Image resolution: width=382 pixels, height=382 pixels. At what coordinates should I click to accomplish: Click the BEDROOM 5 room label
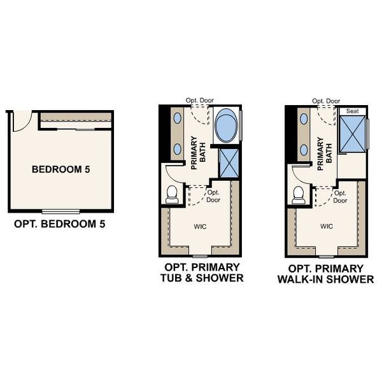click(60, 169)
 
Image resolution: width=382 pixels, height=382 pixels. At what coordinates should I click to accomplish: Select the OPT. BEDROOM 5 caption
click(60, 224)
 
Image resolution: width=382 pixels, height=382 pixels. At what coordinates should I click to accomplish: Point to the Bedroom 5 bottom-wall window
click(60, 211)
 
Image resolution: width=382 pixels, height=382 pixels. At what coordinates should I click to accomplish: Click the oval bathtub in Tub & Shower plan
click(226, 125)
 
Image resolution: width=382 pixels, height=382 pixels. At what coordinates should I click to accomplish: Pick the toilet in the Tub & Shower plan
click(172, 194)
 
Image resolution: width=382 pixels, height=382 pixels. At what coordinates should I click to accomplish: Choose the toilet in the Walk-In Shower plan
click(299, 195)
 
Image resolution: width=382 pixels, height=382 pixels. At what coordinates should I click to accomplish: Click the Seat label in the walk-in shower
click(352, 111)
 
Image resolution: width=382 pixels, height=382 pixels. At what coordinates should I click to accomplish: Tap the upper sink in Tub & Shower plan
click(178, 118)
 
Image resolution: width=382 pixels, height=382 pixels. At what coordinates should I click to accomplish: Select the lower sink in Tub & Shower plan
click(178, 149)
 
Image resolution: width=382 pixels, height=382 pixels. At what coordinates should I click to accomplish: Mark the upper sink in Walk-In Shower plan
click(304, 119)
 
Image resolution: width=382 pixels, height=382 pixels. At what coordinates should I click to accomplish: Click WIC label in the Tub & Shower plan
click(200, 227)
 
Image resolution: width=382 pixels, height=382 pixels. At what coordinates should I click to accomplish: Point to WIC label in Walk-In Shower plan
click(327, 226)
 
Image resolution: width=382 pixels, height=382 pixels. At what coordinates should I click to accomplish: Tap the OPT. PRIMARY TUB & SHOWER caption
click(202, 272)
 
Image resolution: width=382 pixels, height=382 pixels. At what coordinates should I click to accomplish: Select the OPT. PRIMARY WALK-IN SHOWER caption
click(326, 274)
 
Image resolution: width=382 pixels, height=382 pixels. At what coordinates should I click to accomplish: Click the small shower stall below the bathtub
click(229, 163)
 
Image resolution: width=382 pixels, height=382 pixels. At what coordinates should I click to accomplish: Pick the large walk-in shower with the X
click(353, 134)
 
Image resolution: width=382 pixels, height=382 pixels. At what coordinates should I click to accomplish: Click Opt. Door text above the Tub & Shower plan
click(200, 101)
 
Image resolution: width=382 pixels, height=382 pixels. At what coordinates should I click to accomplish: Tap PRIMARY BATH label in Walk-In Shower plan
click(325, 153)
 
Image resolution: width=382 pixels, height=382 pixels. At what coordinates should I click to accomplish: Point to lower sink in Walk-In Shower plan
click(304, 150)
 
